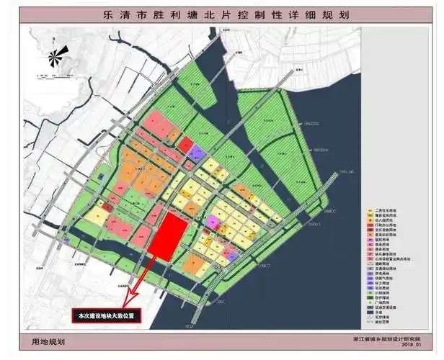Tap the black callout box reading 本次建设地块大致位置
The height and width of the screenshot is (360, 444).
[108, 315]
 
